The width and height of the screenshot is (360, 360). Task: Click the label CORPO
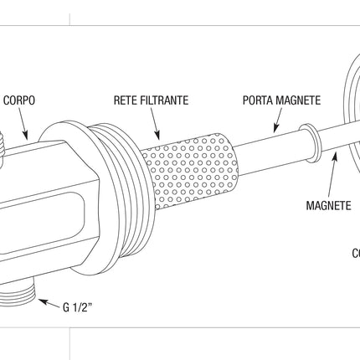[18, 100]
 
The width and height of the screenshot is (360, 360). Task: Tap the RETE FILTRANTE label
[151, 100]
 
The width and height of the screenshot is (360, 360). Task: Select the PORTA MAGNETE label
[281, 100]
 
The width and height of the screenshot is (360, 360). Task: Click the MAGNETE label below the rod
[328, 205]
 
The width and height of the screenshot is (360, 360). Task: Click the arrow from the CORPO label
[23, 124]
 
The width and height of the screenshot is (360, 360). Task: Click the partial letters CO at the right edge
[355, 253]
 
